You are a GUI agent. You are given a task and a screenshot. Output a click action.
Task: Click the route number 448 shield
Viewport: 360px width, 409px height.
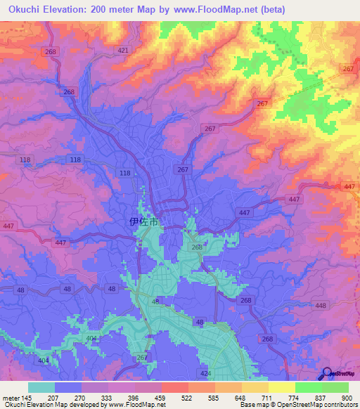tap(321, 305)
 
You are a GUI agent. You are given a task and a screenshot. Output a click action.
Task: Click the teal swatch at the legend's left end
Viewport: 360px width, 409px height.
tap(41, 387)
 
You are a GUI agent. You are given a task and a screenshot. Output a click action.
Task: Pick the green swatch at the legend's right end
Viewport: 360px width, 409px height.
tap(335, 387)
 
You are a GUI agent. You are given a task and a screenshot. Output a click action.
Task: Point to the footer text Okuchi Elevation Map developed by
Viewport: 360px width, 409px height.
tap(51, 405)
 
